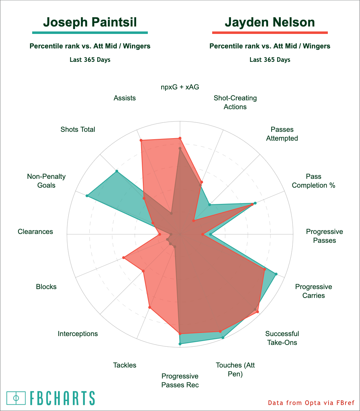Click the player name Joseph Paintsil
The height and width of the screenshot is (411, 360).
coord(90,22)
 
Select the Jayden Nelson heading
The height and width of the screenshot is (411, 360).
coord(270,22)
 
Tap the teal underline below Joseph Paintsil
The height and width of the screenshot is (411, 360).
coord(90,33)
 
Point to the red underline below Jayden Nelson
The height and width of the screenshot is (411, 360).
coord(270,33)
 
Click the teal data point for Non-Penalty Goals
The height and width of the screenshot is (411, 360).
coord(87,195)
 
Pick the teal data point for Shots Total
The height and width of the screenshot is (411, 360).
coord(117,171)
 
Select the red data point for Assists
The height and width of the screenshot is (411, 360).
coord(141,141)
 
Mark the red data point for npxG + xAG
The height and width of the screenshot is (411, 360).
coord(180,138)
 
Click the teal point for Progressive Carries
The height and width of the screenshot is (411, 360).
coord(276,274)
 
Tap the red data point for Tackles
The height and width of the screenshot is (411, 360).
coord(150,307)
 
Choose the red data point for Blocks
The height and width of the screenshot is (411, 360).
coord(123,258)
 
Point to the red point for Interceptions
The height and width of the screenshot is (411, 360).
coord(143,271)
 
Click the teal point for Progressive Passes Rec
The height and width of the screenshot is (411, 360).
coord(180,344)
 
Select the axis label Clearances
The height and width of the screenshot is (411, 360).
coord(35,232)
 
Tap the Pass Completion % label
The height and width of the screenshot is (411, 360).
coord(313,181)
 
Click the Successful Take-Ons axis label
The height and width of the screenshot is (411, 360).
coord(282,338)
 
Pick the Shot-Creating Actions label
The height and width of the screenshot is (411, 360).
coord(235,102)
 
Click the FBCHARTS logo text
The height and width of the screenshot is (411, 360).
coord(62,398)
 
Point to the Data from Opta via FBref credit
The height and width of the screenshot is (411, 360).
coord(311,403)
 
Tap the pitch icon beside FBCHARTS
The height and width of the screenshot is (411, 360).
coord(16,398)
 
